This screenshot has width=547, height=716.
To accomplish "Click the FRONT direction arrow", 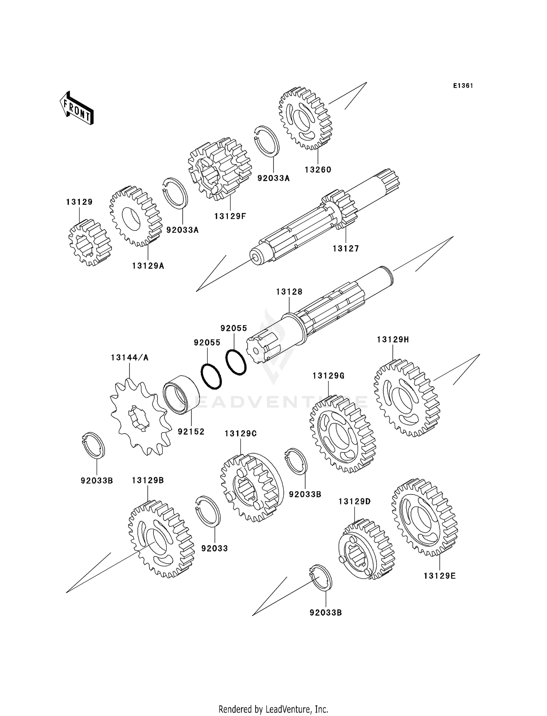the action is tap(77, 108).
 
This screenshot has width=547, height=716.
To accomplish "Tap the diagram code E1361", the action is tap(463, 86).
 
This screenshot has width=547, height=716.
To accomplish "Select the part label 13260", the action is tap(318, 170).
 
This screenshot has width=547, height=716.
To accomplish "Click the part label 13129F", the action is tap(230, 216).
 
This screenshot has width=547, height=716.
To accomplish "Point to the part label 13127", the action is tap(346, 249).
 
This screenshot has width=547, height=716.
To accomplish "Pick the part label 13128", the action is tap(289, 292).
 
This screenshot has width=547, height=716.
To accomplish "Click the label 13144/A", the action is tap(130, 358).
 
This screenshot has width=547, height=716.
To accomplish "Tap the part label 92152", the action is tap(191, 432).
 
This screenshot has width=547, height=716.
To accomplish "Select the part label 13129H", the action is tap(393, 340).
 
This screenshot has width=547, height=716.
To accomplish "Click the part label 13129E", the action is tap(439, 576).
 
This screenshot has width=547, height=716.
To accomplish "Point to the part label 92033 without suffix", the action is tap(214, 548).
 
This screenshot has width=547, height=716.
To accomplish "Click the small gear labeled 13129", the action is tap(90, 242).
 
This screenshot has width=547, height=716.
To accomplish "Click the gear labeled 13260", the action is tap(306, 118).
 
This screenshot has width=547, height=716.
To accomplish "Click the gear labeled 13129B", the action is tap(161, 539).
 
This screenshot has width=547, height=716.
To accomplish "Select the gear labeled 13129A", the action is tap(136, 216).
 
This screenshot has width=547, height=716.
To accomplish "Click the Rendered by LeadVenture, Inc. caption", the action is tap(273, 709).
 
